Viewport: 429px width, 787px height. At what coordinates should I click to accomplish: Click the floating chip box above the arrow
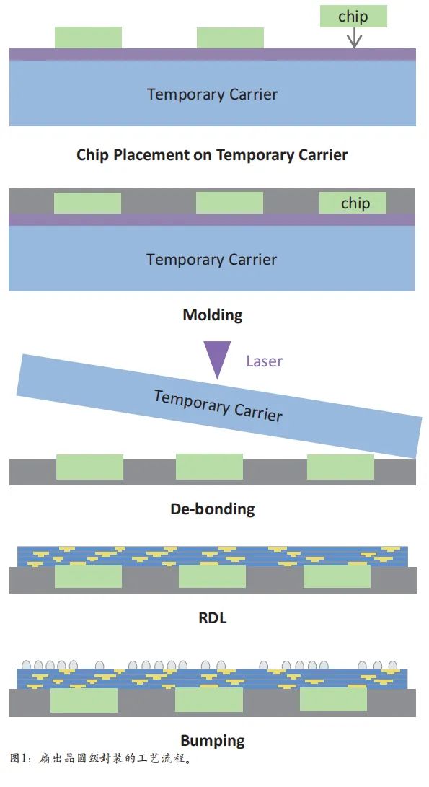(353, 16)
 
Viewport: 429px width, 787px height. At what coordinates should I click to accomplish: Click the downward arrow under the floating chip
(355, 38)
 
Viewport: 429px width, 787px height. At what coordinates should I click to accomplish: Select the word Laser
(265, 361)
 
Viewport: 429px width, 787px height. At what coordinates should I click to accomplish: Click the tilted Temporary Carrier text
(218, 405)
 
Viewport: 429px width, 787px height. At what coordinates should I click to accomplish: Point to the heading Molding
(213, 315)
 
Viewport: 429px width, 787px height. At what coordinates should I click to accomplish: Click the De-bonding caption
(213, 509)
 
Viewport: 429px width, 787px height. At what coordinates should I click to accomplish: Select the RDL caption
(213, 617)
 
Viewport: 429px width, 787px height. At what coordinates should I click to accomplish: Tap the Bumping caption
(213, 741)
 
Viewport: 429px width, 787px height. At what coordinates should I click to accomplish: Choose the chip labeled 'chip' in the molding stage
(353, 203)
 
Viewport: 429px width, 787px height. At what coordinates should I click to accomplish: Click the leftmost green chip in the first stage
(88, 38)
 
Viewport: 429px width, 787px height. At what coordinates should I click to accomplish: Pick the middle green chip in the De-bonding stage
(209, 467)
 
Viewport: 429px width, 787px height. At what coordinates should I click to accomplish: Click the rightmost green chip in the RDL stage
(337, 576)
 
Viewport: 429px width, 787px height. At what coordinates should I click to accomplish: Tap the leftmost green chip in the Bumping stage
(84, 700)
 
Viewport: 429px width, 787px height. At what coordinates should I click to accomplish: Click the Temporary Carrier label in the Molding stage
(212, 260)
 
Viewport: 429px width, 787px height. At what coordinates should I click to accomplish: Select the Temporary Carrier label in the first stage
(212, 94)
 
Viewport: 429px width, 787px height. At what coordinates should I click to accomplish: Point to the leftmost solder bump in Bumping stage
(27, 665)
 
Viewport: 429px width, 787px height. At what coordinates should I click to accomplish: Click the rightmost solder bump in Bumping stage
(392, 666)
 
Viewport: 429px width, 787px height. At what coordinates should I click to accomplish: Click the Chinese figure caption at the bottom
(101, 758)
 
